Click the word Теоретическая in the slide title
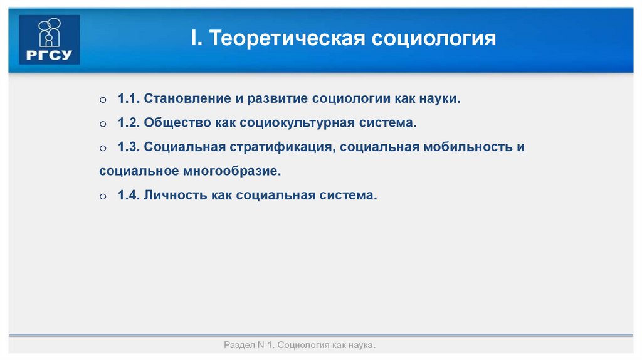point(288,38)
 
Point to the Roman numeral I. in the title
point(196,38)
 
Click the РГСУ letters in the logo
point(50,55)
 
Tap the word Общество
point(177,123)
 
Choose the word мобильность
point(464,147)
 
